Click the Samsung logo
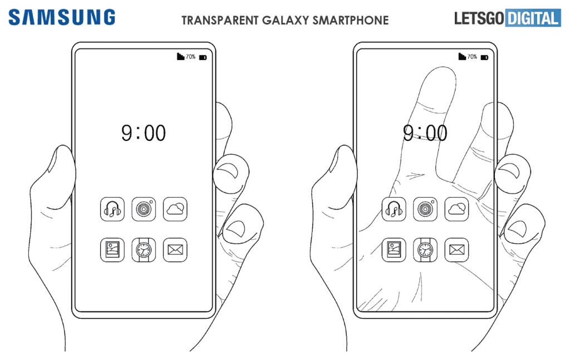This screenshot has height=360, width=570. [62, 17]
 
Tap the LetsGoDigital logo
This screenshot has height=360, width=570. [508, 18]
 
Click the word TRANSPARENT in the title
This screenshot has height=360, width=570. [220, 21]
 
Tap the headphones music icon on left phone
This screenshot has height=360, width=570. [112, 209]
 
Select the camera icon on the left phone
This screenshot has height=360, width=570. [144, 209]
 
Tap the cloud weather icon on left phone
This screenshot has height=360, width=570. [175, 209]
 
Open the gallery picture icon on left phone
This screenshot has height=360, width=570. [112, 250]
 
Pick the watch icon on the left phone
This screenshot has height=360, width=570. [144, 250]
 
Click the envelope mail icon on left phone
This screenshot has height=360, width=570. [175, 250]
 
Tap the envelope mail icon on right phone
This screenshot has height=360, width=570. [457, 250]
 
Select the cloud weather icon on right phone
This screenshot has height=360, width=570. [457, 209]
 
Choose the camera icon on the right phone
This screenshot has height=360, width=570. [425, 209]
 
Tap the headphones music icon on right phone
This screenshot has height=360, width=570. [394, 209]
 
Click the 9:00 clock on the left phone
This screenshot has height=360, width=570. [144, 132]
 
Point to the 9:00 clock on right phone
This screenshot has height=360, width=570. [425, 132]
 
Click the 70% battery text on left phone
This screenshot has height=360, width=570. [190, 57]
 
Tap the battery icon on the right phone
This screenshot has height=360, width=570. [485, 57]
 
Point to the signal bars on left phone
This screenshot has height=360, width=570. [180, 56]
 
